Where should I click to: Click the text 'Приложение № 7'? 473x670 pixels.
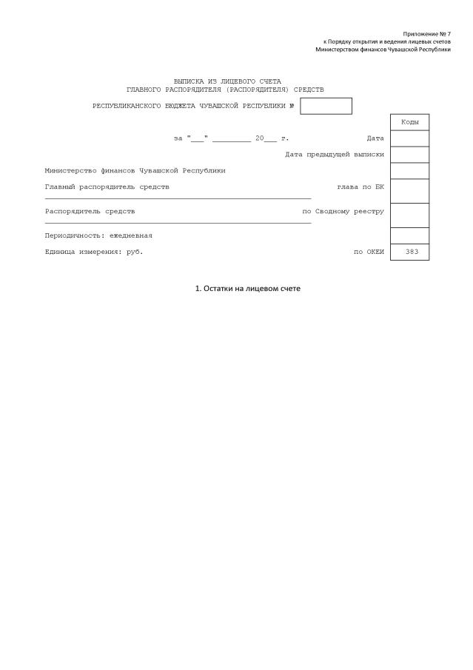(426, 34)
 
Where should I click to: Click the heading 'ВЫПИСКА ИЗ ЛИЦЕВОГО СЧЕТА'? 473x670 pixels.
(227, 81)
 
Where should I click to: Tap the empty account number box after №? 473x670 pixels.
(326, 106)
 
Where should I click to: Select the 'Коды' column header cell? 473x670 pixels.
(409, 122)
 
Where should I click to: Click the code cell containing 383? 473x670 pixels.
(409, 252)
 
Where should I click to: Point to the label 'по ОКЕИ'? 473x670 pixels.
(369, 252)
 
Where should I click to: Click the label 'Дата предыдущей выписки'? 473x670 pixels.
(335, 154)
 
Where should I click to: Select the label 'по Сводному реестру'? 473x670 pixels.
(343, 211)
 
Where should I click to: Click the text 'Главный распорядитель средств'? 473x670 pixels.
(107, 187)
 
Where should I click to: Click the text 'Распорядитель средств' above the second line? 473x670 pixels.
(90, 211)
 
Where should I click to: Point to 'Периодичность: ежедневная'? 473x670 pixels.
(98, 235)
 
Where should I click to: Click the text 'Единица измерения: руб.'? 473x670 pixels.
(94, 252)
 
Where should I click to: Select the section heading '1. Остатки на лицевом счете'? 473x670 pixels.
(248, 288)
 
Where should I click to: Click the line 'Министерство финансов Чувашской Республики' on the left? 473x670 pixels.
(135, 170)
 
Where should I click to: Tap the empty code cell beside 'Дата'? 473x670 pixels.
(409, 138)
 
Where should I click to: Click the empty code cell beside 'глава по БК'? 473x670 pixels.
(409, 190)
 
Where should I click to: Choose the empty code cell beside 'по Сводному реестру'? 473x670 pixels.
(409, 215)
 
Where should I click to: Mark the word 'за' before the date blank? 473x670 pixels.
(178, 138)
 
